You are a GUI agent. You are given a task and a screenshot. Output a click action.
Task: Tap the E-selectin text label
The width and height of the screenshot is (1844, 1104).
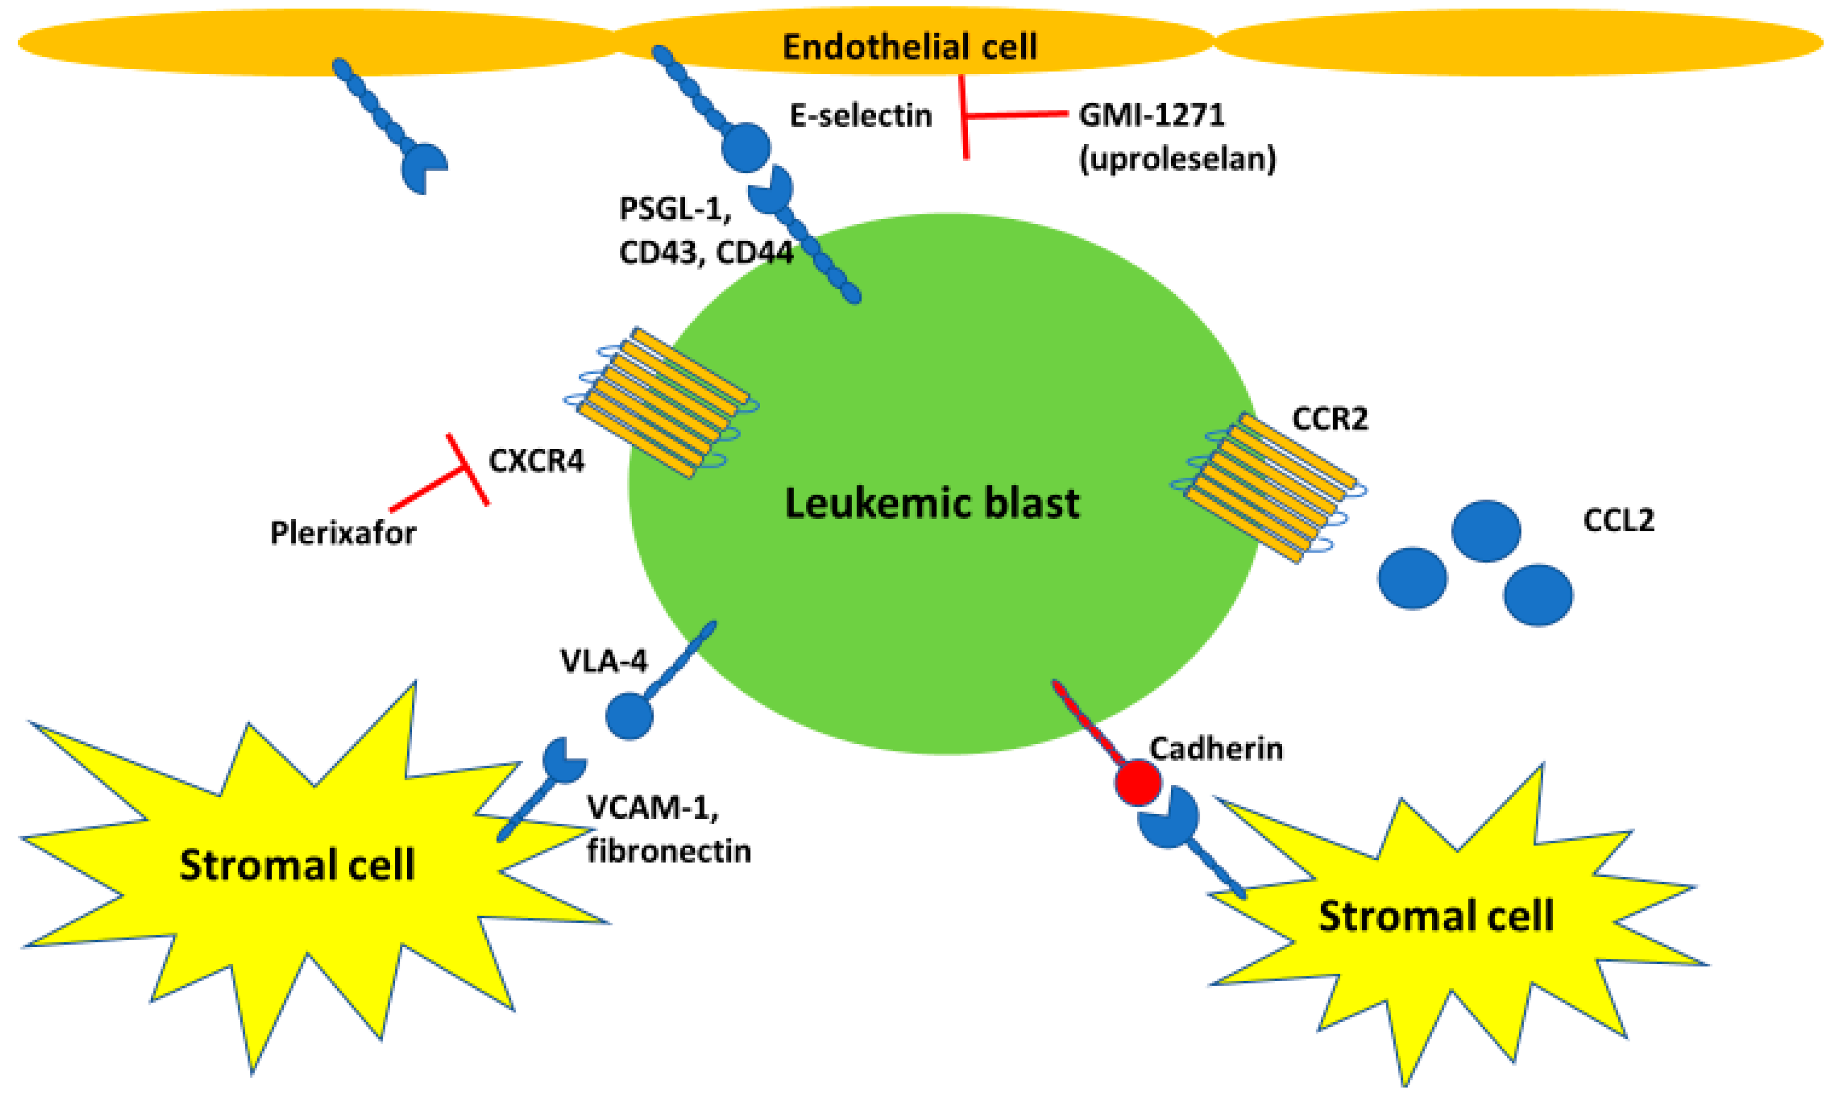[860, 116]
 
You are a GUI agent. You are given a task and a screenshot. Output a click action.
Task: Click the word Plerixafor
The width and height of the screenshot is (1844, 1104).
[343, 533]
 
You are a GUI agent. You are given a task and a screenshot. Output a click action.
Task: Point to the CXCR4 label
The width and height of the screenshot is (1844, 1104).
[536, 461]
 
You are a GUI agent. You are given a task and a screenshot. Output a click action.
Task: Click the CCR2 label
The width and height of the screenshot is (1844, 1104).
[1330, 419]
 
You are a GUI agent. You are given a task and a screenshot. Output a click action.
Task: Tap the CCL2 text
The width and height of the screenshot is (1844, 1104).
[1619, 520]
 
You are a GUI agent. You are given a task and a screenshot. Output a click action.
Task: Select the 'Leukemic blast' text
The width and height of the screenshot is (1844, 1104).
[932, 503]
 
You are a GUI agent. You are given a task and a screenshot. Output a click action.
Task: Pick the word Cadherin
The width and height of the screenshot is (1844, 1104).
[1216, 748]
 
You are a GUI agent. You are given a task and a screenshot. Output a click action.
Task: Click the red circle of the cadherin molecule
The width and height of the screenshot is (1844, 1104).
[1138, 782]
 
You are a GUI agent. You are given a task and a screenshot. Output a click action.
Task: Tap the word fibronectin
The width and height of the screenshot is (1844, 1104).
[669, 851]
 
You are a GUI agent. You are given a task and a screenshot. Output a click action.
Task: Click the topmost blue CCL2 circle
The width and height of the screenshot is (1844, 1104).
[1486, 530]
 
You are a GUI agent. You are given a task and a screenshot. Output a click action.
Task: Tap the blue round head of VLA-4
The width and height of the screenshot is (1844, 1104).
[629, 716]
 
